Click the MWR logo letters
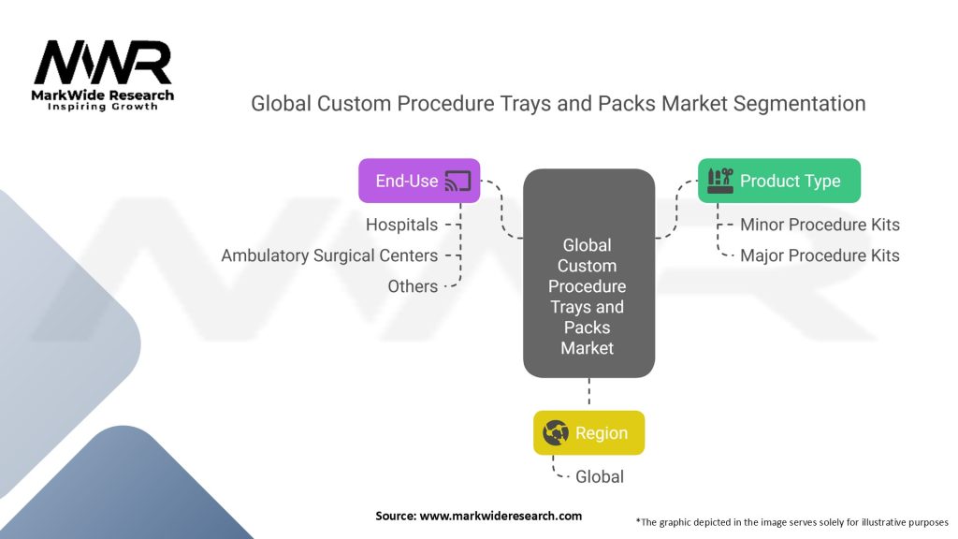click(103, 63)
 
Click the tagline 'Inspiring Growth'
click(103, 107)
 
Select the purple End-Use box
click(419, 181)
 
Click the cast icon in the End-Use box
click(457, 181)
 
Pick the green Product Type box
click(778, 181)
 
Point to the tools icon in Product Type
click(720, 181)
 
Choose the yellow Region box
click(588, 432)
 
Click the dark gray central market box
click(588, 273)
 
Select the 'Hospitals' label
click(401, 225)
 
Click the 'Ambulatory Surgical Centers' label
click(329, 255)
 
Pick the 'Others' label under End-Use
click(413, 286)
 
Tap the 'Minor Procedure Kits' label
click(820, 225)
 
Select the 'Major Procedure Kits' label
click(820, 255)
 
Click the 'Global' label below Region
click(600, 476)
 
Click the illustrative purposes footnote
click(791, 521)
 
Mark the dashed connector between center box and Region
click(588, 394)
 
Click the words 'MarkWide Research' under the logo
click(103, 95)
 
